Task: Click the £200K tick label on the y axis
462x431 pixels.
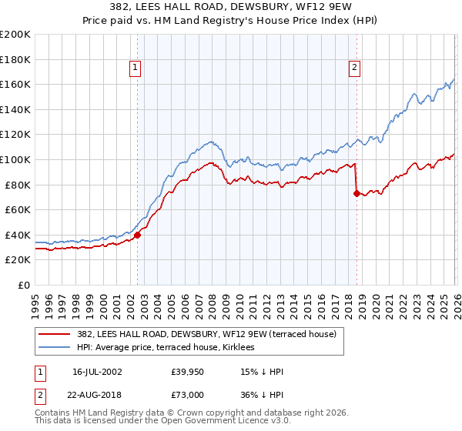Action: pos(15,35)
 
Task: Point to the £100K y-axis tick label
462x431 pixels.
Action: pos(15,159)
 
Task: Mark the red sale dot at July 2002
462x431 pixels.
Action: pos(138,235)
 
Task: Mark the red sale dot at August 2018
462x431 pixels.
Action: pos(357,193)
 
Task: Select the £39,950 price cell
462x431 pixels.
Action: pos(188,372)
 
